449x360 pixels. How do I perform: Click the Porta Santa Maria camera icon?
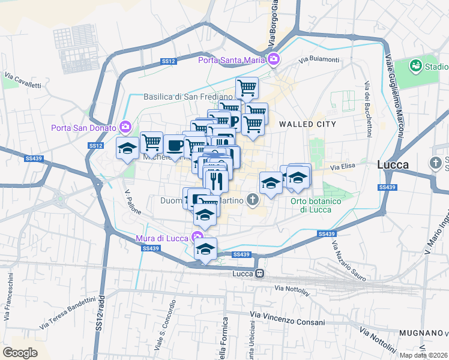(x=274, y=58)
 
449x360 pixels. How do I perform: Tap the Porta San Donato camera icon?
(x=125, y=126)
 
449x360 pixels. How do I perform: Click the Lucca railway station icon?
(x=260, y=274)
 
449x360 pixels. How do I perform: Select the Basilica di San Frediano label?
(x=187, y=97)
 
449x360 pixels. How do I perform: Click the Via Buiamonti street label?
(x=319, y=59)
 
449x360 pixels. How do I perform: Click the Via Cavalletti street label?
(x=23, y=80)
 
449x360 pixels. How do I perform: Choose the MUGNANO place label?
(x=420, y=332)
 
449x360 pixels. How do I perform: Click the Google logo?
(x=20, y=352)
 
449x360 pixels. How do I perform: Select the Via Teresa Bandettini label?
(x=68, y=313)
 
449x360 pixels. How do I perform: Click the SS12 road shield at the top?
(x=168, y=61)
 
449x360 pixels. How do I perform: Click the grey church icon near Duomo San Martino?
(x=253, y=200)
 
